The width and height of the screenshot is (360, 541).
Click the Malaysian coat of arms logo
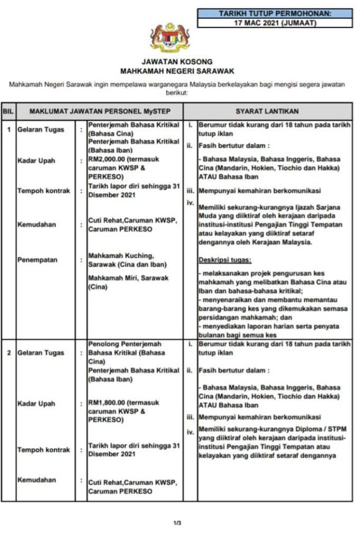(169, 37)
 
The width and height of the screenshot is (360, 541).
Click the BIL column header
(8, 111)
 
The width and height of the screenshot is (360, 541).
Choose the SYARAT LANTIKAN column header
(266, 111)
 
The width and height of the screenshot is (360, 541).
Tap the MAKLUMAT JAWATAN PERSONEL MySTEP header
(99, 111)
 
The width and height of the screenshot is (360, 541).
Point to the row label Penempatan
(38, 260)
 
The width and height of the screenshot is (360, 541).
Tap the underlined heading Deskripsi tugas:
(225, 260)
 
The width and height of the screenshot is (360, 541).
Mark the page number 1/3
(177, 524)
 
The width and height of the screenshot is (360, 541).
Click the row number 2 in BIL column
(8, 353)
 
